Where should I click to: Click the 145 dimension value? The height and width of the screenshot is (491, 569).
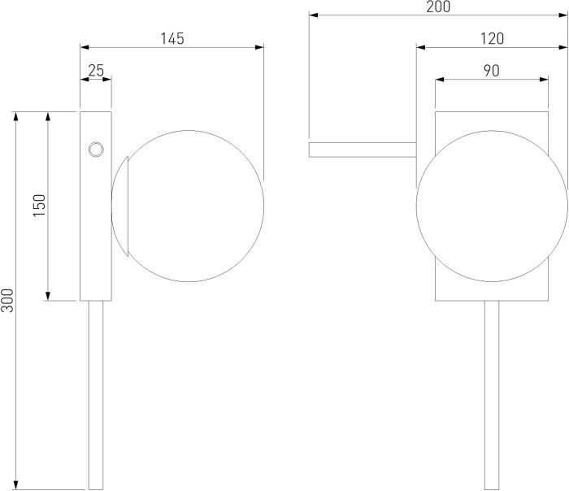[172, 38]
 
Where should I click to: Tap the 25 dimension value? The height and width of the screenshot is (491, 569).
[96, 70]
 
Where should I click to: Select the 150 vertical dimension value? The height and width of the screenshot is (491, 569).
[40, 206]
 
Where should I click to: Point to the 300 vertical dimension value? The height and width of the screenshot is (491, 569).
[7, 301]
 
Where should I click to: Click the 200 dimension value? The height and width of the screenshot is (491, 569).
[438, 7]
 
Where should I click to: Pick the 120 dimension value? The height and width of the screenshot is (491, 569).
[492, 38]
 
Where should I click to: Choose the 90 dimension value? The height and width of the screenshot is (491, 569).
[491, 71]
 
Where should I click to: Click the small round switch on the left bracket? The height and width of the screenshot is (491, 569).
[96, 150]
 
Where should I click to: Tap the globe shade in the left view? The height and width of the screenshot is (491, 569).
[188, 206]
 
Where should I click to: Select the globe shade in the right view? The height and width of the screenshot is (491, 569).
[492, 206]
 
